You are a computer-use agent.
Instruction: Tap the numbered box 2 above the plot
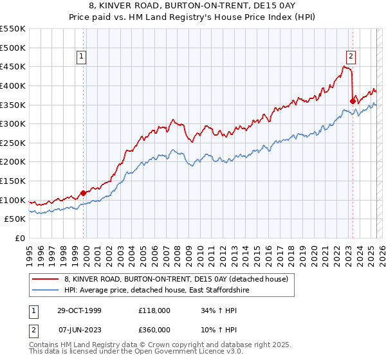coord(351,56)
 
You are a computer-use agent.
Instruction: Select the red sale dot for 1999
coord(83,193)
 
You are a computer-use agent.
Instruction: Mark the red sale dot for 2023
coord(353,100)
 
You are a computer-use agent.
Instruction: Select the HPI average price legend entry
coord(160,291)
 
